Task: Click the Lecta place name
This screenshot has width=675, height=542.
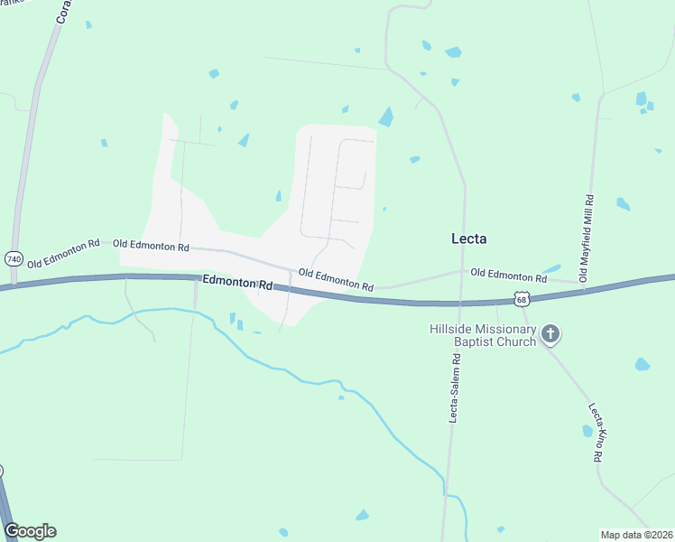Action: tap(469, 238)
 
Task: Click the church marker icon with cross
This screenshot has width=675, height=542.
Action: tap(550, 335)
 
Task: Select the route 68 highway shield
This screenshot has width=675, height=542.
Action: tap(522, 297)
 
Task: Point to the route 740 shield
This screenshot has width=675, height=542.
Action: tap(14, 258)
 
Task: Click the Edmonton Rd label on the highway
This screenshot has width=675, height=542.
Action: tap(237, 284)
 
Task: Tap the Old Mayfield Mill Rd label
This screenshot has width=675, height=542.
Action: tap(587, 238)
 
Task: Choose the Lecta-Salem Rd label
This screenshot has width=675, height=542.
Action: tap(457, 388)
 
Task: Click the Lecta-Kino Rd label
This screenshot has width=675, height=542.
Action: tap(595, 433)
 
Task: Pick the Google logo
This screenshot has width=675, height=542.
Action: tap(30, 531)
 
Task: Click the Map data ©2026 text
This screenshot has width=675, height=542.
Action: tap(635, 535)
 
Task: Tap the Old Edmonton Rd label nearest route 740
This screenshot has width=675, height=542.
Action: tap(63, 254)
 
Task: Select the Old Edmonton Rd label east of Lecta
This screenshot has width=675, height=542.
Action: tap(508, 275)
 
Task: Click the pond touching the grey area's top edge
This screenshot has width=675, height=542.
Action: tap(386, 117)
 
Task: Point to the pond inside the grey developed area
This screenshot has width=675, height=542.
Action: tap(278, 196)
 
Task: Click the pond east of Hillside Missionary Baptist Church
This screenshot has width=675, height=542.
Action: tap(642, 364)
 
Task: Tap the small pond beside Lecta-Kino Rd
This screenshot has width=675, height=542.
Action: tap(587, 431)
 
